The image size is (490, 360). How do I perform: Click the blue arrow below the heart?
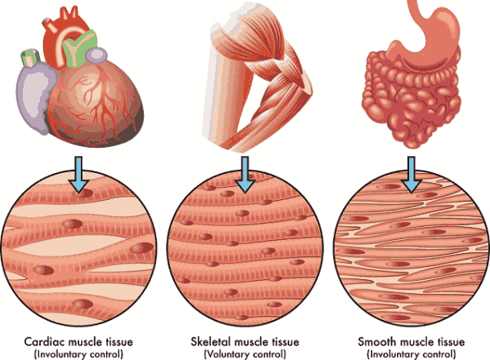coord(78,174)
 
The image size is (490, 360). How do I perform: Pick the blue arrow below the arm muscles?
coord(245,174)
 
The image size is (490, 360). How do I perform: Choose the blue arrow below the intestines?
coord(412,174)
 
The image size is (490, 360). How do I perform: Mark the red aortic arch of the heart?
coord(63,34)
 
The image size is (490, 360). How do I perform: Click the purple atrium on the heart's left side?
coord(33,97)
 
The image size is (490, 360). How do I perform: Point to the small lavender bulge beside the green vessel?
coord(96,55)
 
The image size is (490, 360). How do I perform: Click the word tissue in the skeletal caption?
coord(284,341)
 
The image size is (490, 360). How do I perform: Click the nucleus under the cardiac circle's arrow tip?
coord(83,193)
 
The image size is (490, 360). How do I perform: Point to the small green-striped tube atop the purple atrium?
coord(31,57)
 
